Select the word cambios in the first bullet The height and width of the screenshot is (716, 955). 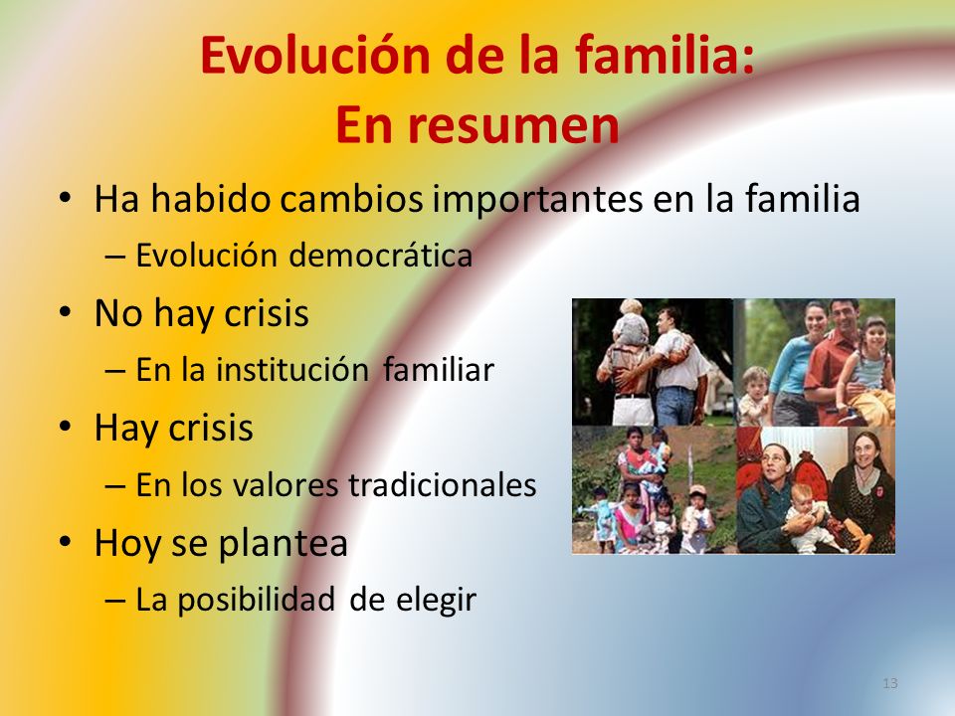pyautogui.click(x=351, y=199)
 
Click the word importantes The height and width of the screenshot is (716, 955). pyautogui.click(x=538, y=200)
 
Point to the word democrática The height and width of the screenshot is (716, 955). pyautogui.click(x=381, y=256)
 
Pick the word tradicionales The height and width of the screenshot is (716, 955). pyautogui.click(x=443, y=485)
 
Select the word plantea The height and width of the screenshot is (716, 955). pyautogui.click(x=283, y=544)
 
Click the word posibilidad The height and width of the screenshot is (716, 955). pyautogui.click(x=257, y=601)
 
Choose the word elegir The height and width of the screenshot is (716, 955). pyautogui.click(x=436, y=601)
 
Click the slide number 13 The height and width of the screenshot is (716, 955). pyautogui.click(x=890, y=683)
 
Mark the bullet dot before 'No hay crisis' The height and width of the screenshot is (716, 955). pyautogui.click(x=66, y=312)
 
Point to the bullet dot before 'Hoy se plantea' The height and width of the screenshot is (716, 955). pyautogui.click(x=66, y=542)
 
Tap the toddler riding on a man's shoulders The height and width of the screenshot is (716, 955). pyautogui.click(x=631, y=322)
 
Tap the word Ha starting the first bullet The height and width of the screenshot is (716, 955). pyautogui.click(x=117, y=199)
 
